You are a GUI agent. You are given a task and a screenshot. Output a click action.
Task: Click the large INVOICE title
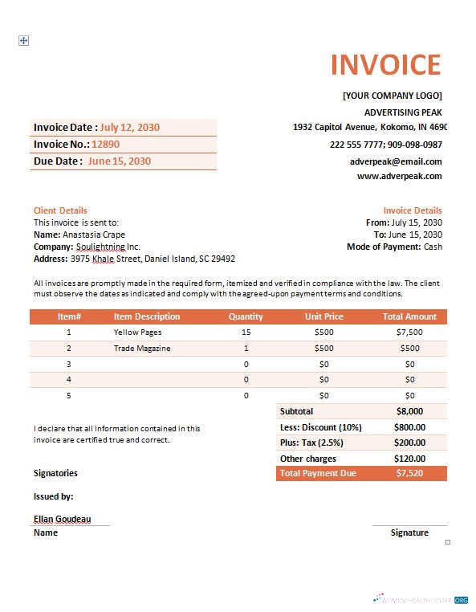point(385,65)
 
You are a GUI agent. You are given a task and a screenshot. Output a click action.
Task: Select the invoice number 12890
point(105,145)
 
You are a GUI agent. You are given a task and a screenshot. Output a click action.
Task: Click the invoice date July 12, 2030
point(129,127)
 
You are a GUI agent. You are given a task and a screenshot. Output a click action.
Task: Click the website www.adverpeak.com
point(399,176)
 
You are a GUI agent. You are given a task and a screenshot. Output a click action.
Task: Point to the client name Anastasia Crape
point(94,235)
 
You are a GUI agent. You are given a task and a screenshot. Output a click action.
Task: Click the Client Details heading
point(60,210)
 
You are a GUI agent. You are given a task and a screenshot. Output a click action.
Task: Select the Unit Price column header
point(323,316)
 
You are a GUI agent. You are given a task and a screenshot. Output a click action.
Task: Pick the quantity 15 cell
point(246,332)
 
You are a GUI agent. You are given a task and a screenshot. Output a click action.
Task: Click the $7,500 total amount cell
point(409,332)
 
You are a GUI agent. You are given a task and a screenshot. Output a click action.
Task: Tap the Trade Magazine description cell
point(142,348)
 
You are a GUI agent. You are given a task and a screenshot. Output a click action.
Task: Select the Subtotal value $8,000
point(409,411)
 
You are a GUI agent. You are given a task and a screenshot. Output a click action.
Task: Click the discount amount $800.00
point(409,427)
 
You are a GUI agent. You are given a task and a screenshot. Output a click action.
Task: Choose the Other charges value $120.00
point(409,459)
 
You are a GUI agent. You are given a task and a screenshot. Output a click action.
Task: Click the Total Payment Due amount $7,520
point(409,474)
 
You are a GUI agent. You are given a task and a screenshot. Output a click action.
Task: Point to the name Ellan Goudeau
point(62,519)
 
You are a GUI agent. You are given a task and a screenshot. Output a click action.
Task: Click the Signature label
point(409,532)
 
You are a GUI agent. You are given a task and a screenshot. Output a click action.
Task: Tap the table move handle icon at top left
point(23,40)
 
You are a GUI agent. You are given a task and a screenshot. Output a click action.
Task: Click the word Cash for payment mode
point(433,247)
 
